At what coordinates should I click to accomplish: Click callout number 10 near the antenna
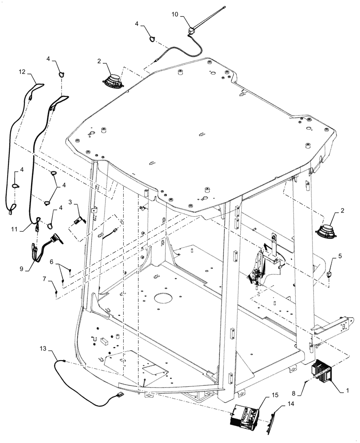(x=175, y=15)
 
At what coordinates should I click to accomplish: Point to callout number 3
(x=70, y=202)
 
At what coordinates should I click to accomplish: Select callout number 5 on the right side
(x=340, y=256)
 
